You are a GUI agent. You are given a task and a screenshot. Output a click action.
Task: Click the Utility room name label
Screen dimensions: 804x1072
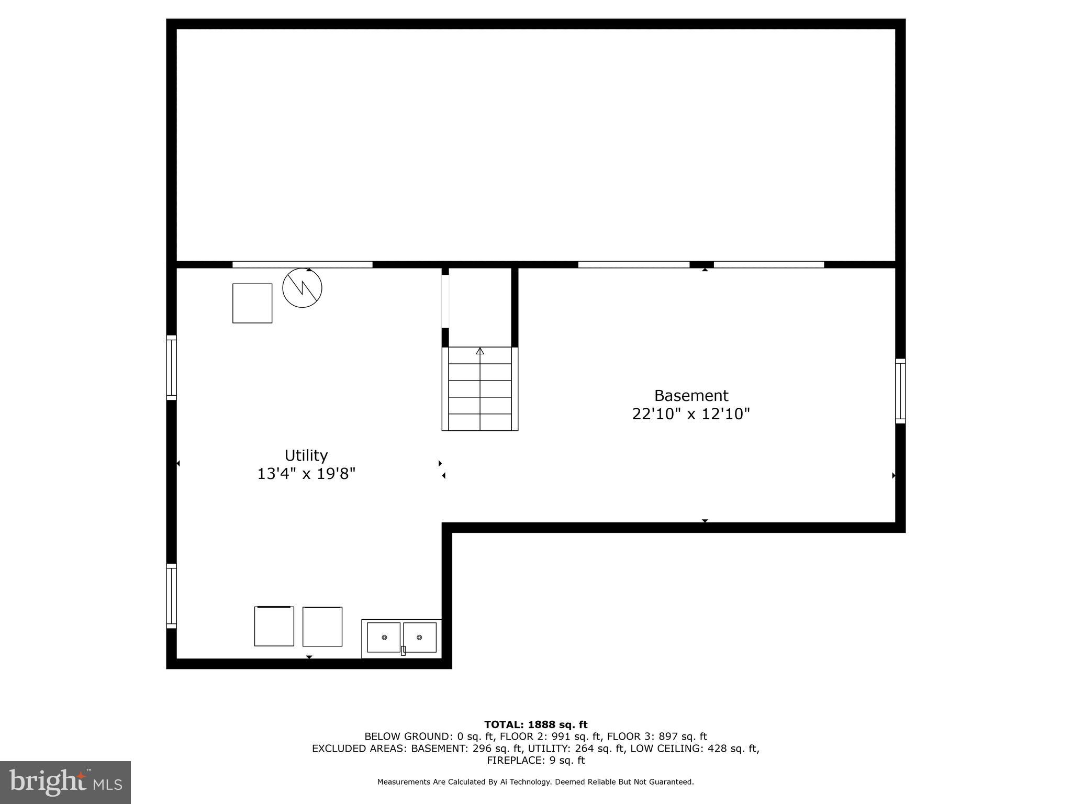[306, 455]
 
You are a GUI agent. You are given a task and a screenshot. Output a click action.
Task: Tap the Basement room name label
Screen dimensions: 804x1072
[691, 395]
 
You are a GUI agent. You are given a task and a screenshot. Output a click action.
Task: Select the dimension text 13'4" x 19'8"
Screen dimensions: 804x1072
[306, 474]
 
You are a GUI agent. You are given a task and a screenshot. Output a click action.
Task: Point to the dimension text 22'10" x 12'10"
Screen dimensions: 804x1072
[691, 414]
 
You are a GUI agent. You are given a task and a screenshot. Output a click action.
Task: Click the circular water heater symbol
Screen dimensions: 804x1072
[302, 288]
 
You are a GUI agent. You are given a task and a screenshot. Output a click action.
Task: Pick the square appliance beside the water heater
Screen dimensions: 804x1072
[252, 303]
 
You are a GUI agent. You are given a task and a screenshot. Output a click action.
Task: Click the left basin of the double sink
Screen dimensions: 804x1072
[384, 637]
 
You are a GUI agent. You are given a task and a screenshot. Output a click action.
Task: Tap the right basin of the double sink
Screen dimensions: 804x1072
[419, 637]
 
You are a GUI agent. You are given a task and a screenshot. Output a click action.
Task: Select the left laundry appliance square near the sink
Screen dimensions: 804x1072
[274, 626]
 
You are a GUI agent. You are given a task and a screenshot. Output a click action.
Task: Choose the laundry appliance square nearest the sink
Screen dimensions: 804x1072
[322, 627]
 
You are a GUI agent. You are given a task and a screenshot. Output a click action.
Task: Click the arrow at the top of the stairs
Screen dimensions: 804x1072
[480, 351]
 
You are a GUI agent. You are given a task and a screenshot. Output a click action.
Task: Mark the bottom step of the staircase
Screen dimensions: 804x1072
[480, 422]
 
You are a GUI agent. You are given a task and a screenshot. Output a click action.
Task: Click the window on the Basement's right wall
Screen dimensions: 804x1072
[900, 391]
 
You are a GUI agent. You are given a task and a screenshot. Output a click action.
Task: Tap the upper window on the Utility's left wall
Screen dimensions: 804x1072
[171, 367]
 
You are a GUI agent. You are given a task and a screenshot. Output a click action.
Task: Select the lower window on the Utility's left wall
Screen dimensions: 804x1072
[171, 596]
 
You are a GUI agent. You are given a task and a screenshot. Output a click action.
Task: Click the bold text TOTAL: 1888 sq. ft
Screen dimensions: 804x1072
[535, 724]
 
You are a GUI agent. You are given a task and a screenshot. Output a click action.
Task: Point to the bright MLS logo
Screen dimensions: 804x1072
[65, 782]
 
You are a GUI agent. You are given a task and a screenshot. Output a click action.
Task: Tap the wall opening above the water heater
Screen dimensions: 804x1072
[302, 264]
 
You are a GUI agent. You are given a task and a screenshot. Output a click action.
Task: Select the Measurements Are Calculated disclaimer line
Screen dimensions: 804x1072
[535, 782]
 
